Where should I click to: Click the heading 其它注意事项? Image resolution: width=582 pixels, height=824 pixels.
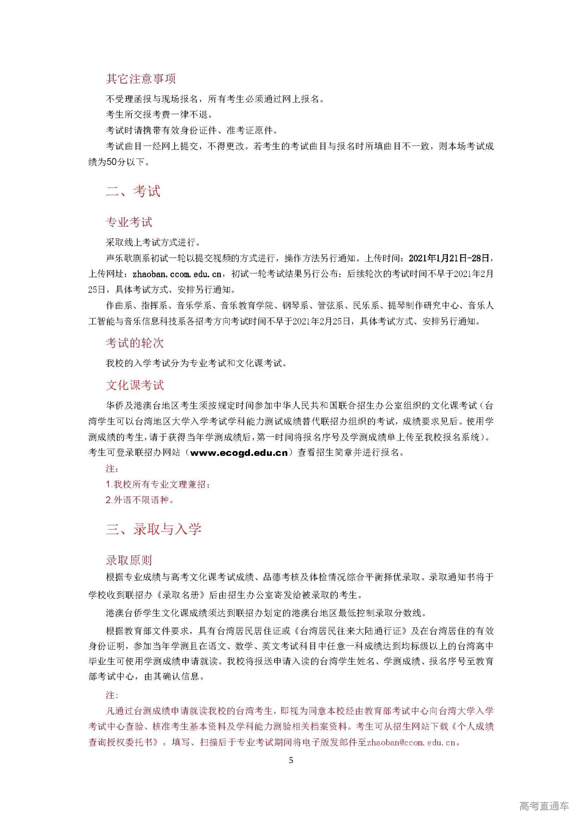tap(141, 79)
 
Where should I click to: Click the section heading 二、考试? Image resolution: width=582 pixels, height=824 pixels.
tap(133, 192)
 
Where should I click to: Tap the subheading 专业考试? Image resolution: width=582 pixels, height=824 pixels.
tap(129, 222)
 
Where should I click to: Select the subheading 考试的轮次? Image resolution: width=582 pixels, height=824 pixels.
tap(135, 343)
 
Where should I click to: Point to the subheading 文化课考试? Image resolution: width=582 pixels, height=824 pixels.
tap(135, 385)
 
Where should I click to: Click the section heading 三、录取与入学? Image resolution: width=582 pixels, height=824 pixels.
tap(154, 529)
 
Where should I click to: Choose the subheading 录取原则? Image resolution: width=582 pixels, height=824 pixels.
tap(129, 560)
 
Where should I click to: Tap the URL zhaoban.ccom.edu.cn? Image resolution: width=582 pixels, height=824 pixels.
tap(177, 274)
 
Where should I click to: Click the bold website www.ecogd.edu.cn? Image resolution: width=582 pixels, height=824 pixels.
tap(239, 453)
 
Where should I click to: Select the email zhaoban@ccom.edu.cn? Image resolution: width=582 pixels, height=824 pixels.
tap(411, 743)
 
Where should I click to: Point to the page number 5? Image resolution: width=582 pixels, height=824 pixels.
tap(291, 760)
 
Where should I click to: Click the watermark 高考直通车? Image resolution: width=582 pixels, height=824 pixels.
tap(544, 806)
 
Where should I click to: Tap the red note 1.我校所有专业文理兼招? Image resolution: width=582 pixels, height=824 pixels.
tap(158, 485)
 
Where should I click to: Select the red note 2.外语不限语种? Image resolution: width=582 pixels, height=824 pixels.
tap(140, 500)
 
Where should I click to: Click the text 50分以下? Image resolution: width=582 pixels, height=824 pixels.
tap(125, 162)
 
